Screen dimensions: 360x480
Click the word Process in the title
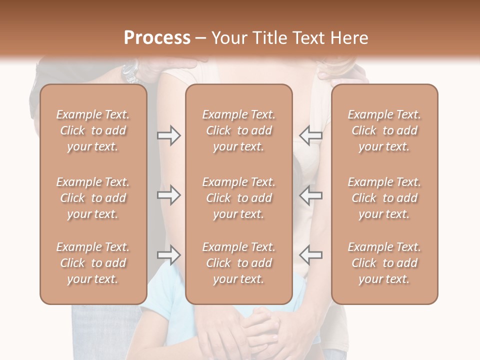point(157,38)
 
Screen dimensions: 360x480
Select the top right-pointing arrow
point(168,135)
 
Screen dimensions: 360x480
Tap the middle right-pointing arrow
point(168,195)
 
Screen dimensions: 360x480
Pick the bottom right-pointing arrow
point(168,255)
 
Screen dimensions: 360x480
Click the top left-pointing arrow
point(311,135)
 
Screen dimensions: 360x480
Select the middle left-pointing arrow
point(311,195)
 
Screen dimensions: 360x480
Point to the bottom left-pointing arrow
point(311,255)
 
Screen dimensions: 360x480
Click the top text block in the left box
point(93,130)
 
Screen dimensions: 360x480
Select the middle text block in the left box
point(93,198)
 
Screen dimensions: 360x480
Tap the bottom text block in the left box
point(93,263)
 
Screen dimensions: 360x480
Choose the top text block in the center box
point(238,130)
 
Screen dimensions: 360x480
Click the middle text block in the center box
point(238,198)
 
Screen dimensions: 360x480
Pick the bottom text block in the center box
point(238,263)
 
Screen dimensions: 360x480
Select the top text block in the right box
point(384,130)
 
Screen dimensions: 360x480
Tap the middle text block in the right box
point(384,198)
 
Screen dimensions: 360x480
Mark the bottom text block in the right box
point(384,263)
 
